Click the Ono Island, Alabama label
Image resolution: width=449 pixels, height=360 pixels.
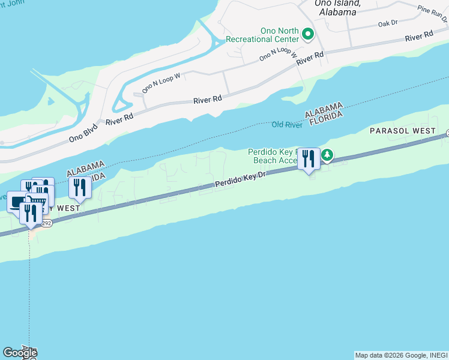(337, 7)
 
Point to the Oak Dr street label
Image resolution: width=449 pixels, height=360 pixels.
(388, 23)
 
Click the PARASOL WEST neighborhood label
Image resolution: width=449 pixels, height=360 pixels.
(403, 130)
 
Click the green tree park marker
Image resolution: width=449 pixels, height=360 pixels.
(327, 156)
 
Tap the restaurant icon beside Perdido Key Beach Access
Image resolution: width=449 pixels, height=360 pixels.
(309, 159)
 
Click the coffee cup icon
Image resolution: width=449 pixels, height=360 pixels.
(17, 201)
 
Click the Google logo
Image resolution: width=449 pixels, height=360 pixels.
(20, 353)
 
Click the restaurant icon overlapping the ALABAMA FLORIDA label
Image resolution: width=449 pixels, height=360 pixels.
(79, 187)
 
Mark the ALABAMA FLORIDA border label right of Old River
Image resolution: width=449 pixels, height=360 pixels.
(324, 113)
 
